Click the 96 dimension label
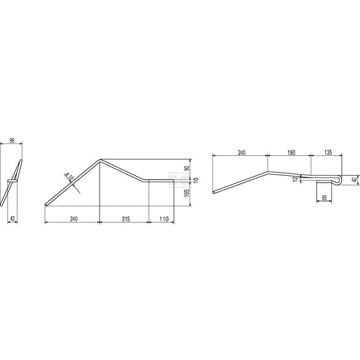[x=12, y=140]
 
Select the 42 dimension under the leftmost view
[x=13, y=219]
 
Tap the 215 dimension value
[x=126, y=219]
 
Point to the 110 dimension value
[x=164, y=219]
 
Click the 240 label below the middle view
[x=73, y=219]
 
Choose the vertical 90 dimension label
[x=187, y=168]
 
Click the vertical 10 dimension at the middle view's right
[x=196, y=180]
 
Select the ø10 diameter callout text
[x=69, y=177]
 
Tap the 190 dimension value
[x=292, y=152]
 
